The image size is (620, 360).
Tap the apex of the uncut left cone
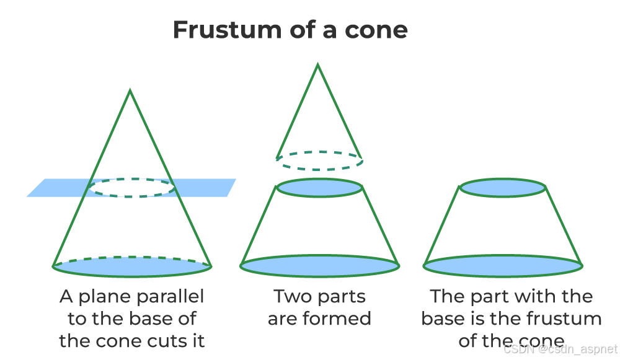pos(130,91)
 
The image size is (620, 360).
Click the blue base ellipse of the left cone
pos(132,266)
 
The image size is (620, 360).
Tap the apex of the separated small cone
pos(318,64)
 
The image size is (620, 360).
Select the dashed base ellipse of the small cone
pos(319,160)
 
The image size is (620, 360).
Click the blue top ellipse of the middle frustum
pos(319,187)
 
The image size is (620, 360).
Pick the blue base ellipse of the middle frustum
pos(319,265)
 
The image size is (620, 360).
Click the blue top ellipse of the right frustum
pos(503,187)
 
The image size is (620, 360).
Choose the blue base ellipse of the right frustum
pos(503,265)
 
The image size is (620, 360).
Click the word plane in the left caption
pos(103,297)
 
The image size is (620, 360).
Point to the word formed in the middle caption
pos(342,319)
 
